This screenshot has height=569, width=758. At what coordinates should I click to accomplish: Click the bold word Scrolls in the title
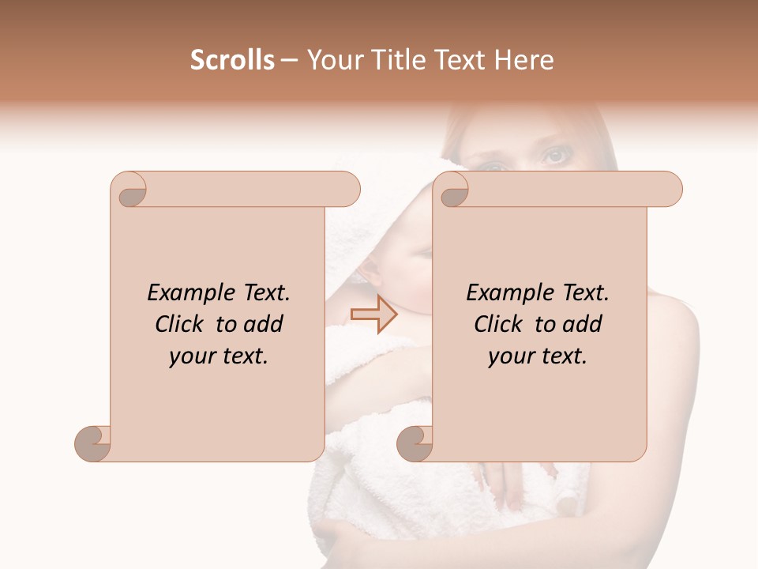[x=233, y=60]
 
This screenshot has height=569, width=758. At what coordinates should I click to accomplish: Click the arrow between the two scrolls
[x=374, y=315]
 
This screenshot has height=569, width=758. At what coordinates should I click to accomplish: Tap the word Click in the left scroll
[x=181, y=324]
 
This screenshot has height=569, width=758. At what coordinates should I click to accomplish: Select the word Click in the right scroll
[x=500, y=324]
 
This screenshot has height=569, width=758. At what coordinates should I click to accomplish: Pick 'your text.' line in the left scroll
[x=219, y=356]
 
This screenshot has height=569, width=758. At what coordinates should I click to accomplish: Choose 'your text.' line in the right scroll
[x=538, y=356]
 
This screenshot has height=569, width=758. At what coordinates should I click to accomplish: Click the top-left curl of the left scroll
[x=130, y=190]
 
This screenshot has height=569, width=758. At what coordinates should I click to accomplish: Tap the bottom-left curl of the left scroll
[x=93, y=443]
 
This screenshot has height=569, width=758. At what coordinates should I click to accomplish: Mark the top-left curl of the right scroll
[x=453, y=190]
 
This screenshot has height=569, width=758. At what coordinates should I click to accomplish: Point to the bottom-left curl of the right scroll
[x=415, y=443]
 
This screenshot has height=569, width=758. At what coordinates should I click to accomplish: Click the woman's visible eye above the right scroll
[x=555, y=156]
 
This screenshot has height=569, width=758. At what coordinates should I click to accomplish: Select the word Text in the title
[x=458, y=60]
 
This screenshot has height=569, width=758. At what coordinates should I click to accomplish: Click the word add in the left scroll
[x=264, y=324]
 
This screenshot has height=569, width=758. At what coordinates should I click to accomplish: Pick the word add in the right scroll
[x=583, y=324]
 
